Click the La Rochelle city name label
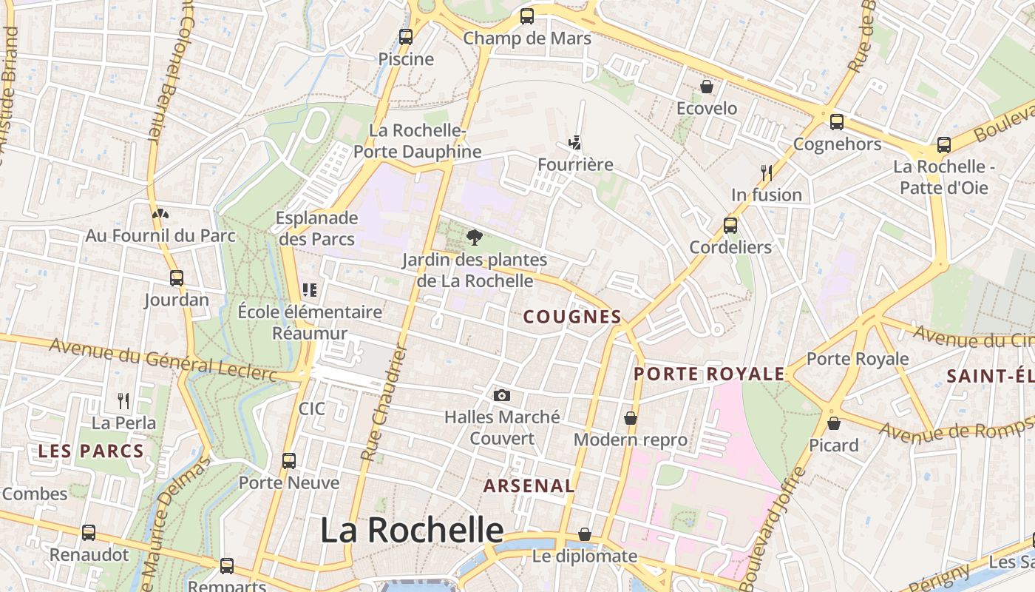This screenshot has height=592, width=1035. (x=412, y=531)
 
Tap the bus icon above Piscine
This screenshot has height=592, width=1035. (x=406, y=36)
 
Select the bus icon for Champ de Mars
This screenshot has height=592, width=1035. (x=527, y=16)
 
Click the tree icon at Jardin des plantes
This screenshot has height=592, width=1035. (x=475, y=238)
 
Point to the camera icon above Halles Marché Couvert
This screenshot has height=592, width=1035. (x=502, y=395)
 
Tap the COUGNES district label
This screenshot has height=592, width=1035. (x=572, y=317)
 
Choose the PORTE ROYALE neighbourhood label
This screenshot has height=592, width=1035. (x=709, y=374)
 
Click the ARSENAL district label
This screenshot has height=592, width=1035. (x=529, y=485)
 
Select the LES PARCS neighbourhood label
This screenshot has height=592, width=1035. (x=91, y=451)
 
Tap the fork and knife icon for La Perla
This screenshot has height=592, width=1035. (x=123, y=401)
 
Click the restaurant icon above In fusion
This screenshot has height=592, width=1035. (x=767, y=173)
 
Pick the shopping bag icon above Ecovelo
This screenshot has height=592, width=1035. (x=707, y=87)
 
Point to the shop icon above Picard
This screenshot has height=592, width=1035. (x=834, y=423)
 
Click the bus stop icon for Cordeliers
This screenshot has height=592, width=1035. (x=730, y=225)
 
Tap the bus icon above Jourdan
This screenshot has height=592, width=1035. (x=177, y=278)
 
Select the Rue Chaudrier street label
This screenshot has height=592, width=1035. (x=384, y=403)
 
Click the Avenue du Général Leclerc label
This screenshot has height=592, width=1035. (x=163, y=360)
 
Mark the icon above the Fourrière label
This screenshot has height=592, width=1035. (x=574, y=142)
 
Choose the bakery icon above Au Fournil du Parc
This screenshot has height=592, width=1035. (x=160, y=214)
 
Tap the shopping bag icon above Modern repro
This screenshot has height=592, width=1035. (x=631, y=418)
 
